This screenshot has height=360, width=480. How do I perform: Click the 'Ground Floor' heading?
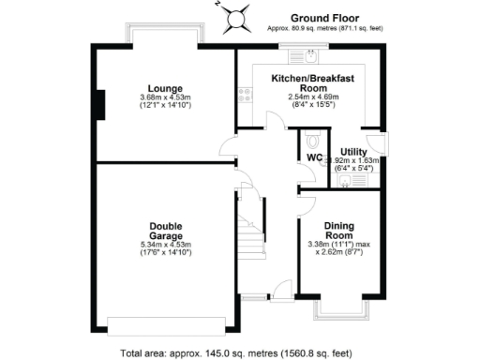tap(321, 18)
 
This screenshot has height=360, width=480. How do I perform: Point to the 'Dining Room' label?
tap(338, 231)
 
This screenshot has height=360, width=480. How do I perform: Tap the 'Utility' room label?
tap(353, 151)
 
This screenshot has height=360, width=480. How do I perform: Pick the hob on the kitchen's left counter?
tap(246, 93)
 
